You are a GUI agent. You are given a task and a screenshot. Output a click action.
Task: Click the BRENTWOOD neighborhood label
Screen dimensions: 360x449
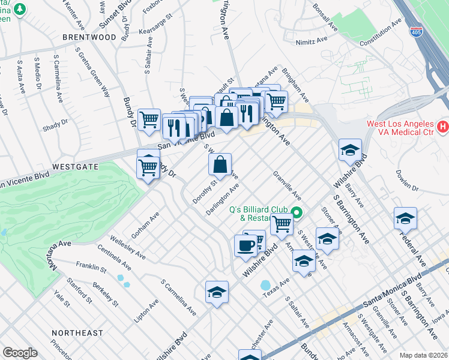point(89,37)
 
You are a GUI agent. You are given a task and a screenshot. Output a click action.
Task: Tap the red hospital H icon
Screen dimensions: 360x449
point(442,127)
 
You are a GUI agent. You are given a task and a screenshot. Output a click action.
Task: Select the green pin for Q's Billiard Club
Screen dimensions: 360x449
point(296,213)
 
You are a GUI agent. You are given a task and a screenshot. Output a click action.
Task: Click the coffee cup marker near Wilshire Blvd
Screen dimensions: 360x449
point(245,246)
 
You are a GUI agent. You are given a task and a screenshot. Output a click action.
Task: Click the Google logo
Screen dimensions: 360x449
point(20,352)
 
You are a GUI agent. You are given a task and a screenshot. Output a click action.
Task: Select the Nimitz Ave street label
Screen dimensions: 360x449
point(311,41)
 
